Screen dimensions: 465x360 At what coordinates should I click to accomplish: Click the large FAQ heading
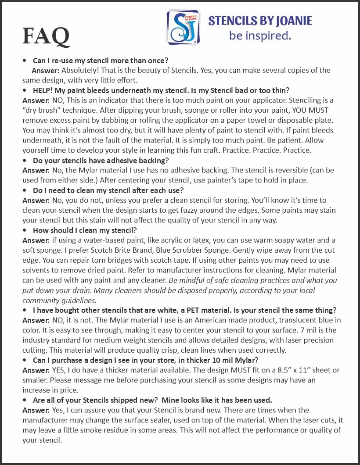coord(46,36)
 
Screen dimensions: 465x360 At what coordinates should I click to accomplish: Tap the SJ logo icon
coord(183,27)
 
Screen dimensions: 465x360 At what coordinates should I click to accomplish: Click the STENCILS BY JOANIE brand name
coord(260,21)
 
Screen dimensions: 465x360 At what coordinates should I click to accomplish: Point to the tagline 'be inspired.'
coord(260,36)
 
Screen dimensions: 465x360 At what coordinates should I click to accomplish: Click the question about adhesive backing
coord(101,161)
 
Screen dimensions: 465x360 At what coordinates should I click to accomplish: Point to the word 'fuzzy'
coord(252,211)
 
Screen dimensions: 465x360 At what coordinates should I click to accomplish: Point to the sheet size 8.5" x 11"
coord(264,370)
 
